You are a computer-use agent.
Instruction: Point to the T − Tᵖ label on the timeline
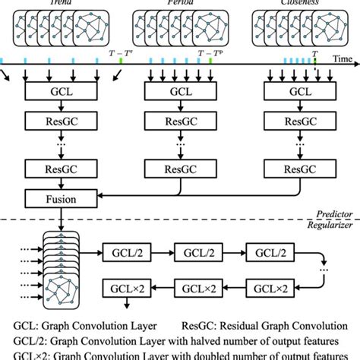211,54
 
